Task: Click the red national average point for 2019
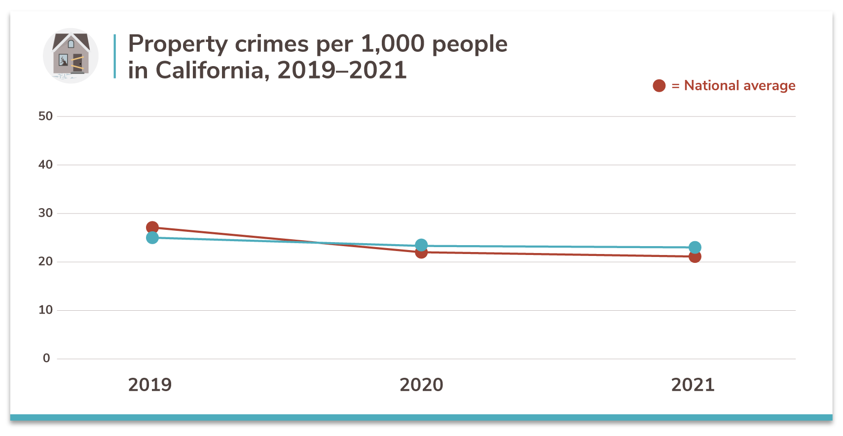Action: (152, 227)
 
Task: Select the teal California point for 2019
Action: (152, 238)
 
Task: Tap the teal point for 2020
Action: (421, 245)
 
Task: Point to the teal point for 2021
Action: (695, 248)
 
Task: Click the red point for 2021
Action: (695, 257)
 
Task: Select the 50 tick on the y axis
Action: (45, 116)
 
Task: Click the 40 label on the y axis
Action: (45, 165)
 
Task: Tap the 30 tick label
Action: (45, 213)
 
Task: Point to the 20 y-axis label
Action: (45, 261)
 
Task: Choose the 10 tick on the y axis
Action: (45, 310)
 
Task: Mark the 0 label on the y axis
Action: (46, 358)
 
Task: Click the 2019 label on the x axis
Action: (150, 385)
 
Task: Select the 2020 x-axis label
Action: (421, 385)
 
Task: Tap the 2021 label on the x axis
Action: (693, 385)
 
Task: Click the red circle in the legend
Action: (659, 86)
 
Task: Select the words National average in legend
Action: (739, 86)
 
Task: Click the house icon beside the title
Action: (71, 56)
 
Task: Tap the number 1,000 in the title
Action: (393, 44)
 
